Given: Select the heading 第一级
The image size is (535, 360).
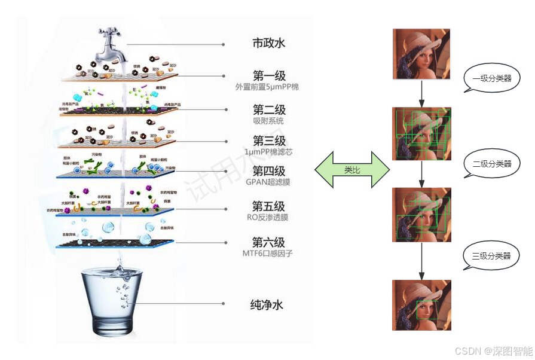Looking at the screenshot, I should [269, 76].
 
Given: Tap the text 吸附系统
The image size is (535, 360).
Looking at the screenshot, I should [269, 121].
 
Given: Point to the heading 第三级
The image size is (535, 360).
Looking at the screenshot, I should [269, 141].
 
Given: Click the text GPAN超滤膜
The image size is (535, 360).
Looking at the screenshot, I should [269, 182].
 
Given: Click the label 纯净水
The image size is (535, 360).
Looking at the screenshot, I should [267, 305].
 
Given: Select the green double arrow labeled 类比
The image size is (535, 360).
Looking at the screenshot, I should [352, 170].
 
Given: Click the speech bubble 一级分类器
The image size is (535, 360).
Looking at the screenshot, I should [492, 78].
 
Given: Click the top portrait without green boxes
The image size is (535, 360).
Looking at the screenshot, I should [421, 55].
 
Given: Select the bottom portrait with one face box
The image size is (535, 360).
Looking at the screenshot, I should [421, 305].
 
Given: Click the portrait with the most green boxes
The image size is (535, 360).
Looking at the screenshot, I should [421, 134].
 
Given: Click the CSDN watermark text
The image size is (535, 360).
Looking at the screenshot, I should [493, 351].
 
